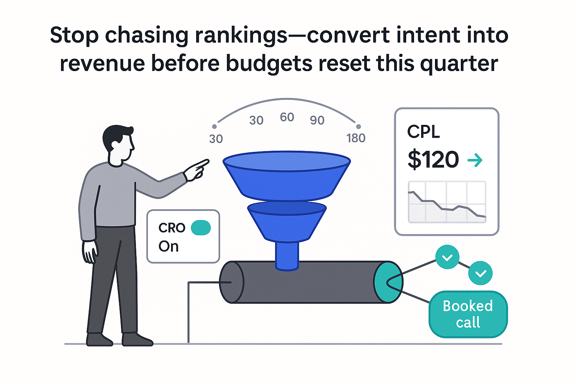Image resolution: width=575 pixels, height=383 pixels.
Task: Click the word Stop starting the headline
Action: tap(74, 36)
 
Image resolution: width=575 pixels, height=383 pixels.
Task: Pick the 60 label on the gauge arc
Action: tap(287, 117)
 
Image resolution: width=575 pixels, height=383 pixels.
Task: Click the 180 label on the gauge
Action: tap(356, 138)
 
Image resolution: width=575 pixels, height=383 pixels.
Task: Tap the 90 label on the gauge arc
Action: tap(317, 120)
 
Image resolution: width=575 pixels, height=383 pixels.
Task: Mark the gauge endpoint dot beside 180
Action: tap(358, 127)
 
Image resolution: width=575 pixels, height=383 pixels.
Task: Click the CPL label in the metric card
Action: tap(423, 132)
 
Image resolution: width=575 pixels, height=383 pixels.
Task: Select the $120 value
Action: tap(433, 160)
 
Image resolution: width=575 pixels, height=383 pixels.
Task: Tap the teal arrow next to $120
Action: tap(475, 161)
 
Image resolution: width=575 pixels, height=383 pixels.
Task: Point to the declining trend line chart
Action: tap(447, 204)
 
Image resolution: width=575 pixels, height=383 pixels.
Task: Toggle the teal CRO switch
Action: tap(201, 227)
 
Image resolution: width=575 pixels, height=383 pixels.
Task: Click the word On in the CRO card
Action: tap(168, 246)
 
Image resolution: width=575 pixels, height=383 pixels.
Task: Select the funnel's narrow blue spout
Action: tap(287, 255)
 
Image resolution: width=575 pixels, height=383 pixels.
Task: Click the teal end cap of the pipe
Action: tap(388, 282)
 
